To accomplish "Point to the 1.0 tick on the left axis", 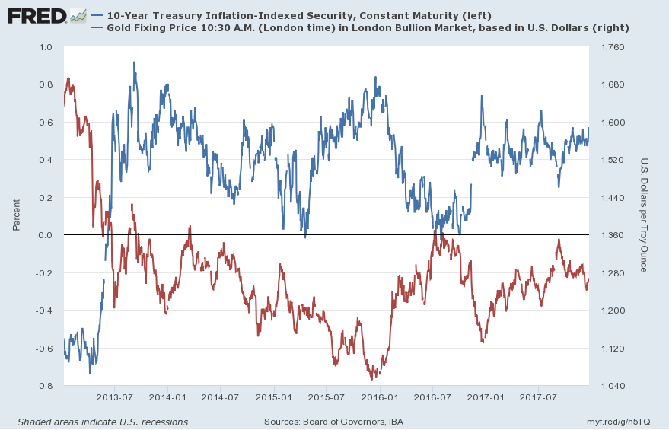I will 46,47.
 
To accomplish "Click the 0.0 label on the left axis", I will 46,235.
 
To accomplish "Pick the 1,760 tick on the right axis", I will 614,47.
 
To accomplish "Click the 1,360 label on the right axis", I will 614,235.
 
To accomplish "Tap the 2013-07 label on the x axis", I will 116,397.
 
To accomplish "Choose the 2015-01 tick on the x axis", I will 274,397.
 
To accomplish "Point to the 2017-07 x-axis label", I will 539,397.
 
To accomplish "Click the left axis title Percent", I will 16,215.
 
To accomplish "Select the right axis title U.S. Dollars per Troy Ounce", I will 643,215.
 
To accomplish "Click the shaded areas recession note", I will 102,422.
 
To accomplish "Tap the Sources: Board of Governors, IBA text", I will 333,422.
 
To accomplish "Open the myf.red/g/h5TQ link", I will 619,422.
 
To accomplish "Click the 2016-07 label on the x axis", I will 432,397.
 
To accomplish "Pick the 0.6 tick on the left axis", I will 46,123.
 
